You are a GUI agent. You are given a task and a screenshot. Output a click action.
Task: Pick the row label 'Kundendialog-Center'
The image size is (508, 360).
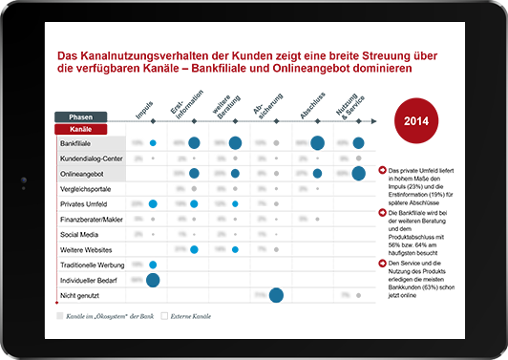pyautogui.click(x=90, y=158)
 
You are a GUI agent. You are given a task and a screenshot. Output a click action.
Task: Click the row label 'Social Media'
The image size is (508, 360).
pyautogui.click(x=80, y=234)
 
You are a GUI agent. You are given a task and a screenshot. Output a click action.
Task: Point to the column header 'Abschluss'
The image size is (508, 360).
pyautogui.click(x=309, y=107)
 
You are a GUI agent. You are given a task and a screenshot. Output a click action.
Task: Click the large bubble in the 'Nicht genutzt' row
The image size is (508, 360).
pyautogui.click(x=275, y=295)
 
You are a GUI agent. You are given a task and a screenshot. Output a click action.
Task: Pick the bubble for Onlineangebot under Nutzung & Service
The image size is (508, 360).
pyautogui.click(x=358, y=173)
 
